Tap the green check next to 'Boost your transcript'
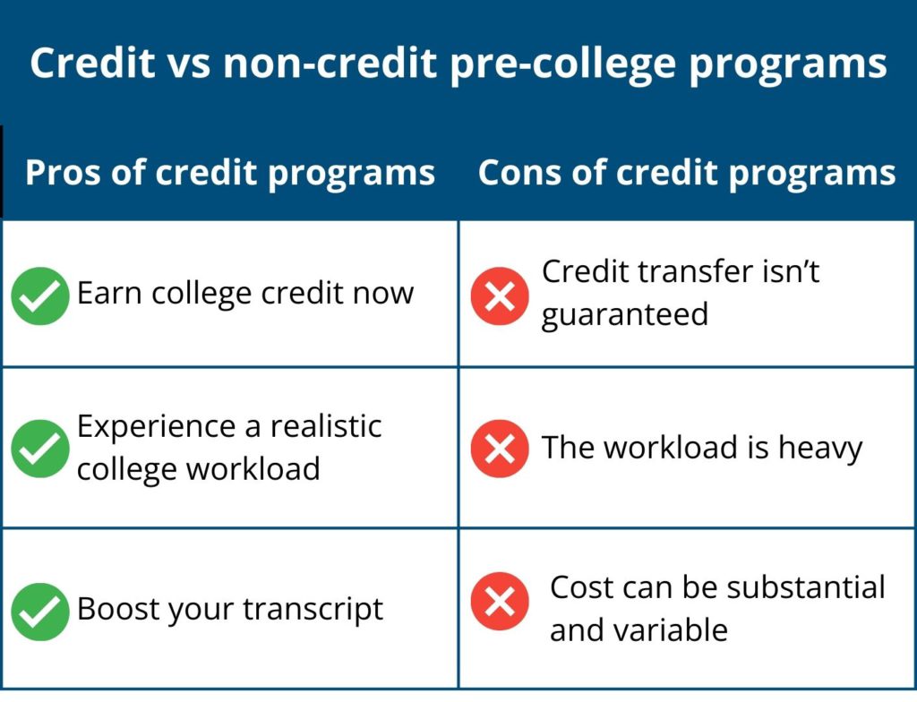pos(40,612)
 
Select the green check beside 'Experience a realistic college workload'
pos(40,449)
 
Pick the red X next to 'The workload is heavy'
pos(500,449)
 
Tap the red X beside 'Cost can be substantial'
pos(500,601)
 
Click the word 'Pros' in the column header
pos(57,173)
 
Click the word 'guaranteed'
pos(624,315)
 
